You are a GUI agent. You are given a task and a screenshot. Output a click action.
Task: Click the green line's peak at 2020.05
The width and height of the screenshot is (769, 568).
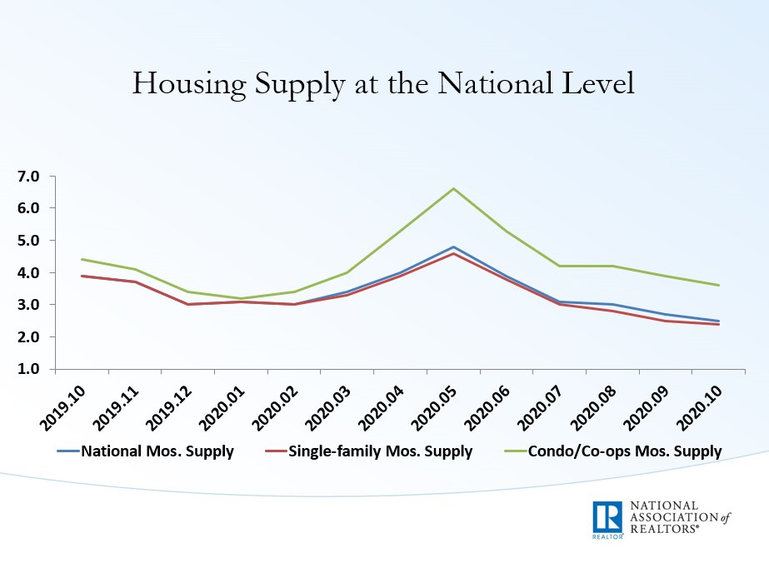click(x=453, y=188)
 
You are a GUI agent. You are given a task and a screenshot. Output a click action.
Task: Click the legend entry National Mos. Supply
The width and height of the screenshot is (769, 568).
click(x=157, y=452)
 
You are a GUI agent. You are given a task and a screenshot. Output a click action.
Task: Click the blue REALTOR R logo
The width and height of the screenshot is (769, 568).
click(x=607, y=519)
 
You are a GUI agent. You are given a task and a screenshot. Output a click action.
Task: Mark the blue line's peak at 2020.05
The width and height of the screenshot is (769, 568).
click(x=453, y=247)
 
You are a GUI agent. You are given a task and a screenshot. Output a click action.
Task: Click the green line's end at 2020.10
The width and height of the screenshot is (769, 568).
click(x=719, y=285)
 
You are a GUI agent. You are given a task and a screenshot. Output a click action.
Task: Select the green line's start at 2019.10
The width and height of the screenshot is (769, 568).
click(x=81, y=259)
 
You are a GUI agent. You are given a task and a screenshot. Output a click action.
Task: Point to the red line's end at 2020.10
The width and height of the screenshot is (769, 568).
click(x=719, y=324)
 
